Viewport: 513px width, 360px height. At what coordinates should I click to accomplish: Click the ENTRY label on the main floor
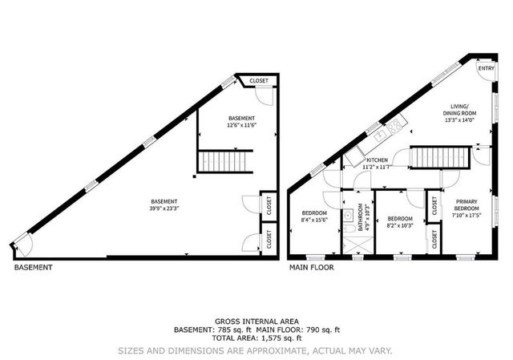[x=487, y=68]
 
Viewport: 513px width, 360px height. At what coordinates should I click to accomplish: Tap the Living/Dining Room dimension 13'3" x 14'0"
[x=459, y=120]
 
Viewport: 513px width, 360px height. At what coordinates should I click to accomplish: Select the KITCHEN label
[x=377, y=160]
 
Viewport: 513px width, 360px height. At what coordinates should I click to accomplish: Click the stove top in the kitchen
[x=394, y=125]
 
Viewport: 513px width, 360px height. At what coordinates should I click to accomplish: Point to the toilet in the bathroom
[x=349, y=229]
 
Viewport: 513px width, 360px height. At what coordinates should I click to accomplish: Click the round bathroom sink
[x=348, y=216]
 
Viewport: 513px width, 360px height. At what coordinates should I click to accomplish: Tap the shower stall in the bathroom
[x=358, y=245]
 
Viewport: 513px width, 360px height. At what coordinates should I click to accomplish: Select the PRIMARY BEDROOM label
[x=467, y=205]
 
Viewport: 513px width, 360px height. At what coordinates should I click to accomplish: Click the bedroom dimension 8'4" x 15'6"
[x=314, y=220]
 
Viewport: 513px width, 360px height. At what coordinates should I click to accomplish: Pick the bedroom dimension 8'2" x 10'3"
[x=400, y=225]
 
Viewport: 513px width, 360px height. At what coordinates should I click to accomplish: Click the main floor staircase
[x=440, y=157]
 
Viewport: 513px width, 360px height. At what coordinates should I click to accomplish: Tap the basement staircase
[x=225, y=161]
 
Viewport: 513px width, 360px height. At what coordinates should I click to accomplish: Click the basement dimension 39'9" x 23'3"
[x=164, y=208]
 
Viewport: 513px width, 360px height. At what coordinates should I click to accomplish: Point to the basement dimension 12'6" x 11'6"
[x=241, y=125]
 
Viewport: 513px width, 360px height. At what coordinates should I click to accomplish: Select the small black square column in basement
[x=194, y=176]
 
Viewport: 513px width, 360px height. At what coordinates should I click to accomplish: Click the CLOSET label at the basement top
[x=259, y=81]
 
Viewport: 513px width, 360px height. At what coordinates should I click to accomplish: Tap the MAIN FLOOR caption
[x=312, y=267]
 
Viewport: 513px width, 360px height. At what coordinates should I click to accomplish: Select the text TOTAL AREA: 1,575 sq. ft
[x=256, y=338]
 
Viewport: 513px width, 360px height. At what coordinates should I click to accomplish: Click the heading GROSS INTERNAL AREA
[x=256, y=322]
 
